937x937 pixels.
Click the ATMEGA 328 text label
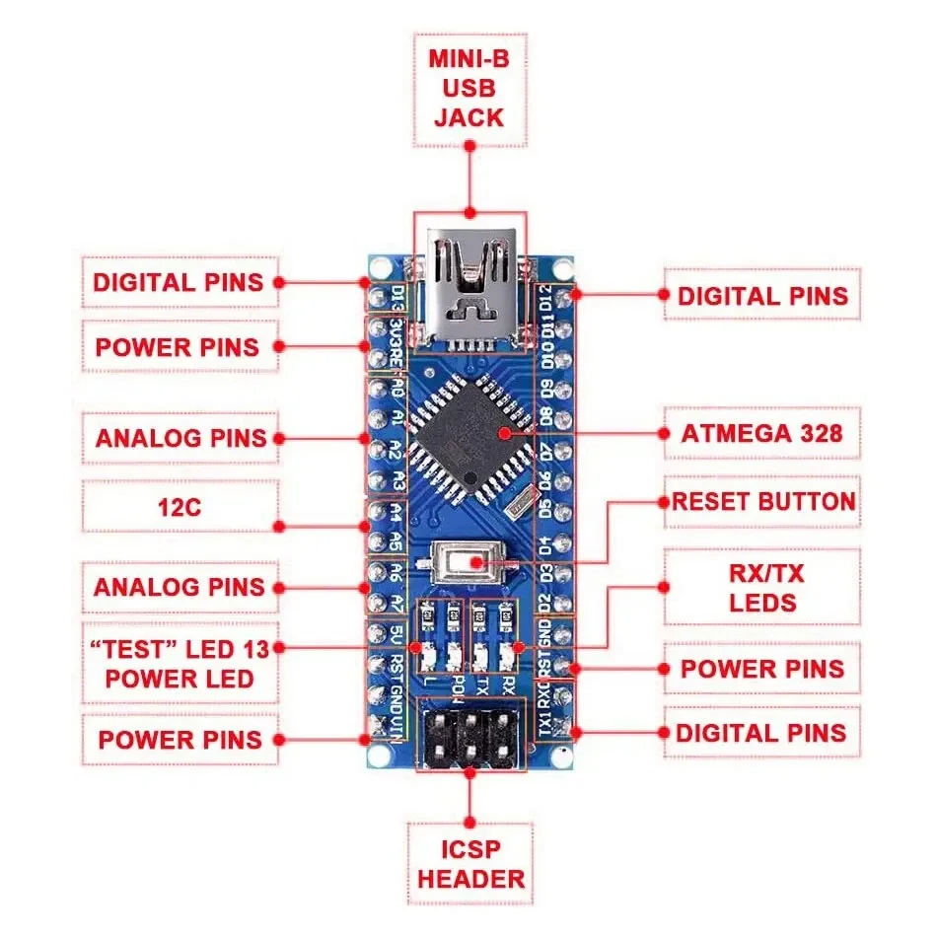pyautogui.click(x=760, y=433)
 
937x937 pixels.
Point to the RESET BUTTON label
pyautogui.click(x=762, y=501)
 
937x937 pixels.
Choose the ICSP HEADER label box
pyautogui.click(x=469, y=864)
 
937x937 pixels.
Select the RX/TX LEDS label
pyautogui.click(x=761, y=588)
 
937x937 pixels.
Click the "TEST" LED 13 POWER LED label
pyautogui.click(x=179, y=664)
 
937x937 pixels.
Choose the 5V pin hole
pyautogui.click(x=377, y=632)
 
